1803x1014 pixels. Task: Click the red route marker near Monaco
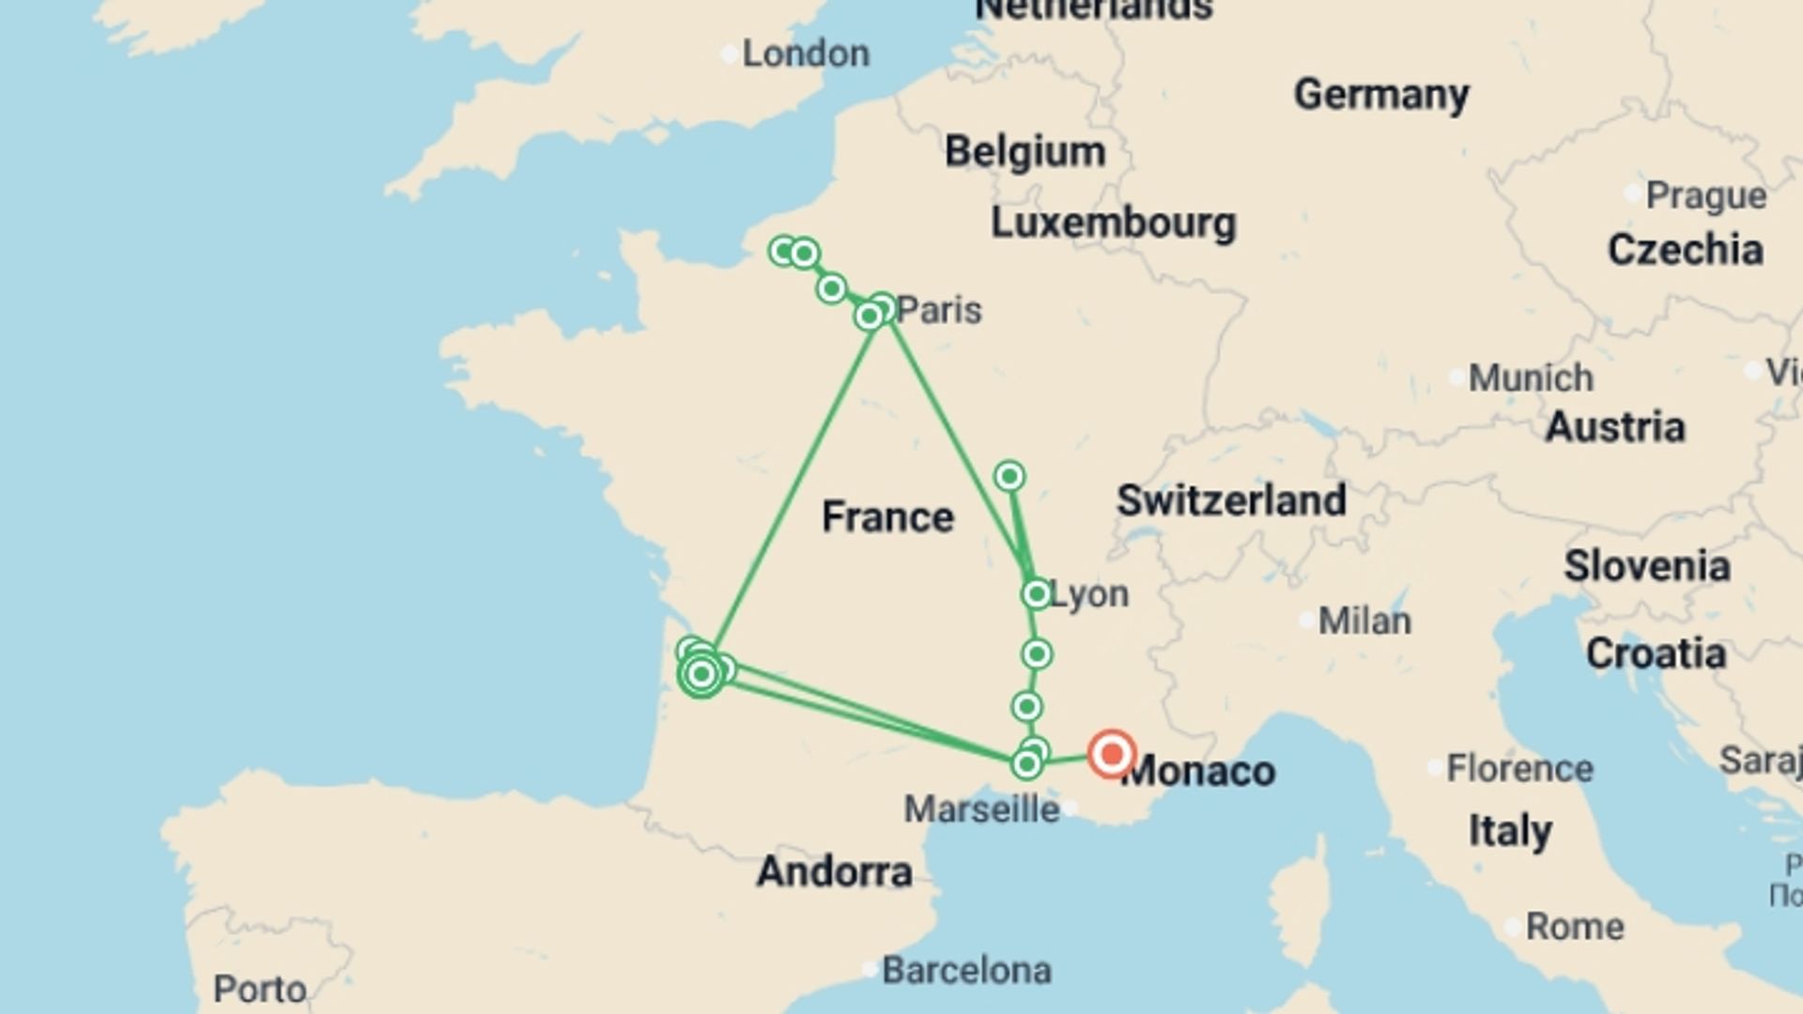tap(1112, 753)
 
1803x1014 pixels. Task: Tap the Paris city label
tap(938, 310)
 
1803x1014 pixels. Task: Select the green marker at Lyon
tap(1036, 594)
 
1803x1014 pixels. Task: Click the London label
tap(805, 54)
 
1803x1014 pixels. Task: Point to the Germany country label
tap(1380, 95)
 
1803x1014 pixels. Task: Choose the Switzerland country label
tap(1231, 500)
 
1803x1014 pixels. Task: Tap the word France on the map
tap(887, 517)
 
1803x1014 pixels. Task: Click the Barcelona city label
tap(966, 970)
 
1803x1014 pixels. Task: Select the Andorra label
tap(834, 872)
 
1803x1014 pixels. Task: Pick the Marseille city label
tap(981, 808)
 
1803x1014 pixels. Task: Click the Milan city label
tap(1364, 621)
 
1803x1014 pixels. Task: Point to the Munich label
tap(1531, 378)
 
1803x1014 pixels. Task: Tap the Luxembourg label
tap(1113, 223)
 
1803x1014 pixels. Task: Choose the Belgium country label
tap(1025, 152)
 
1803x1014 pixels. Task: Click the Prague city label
tap(1705, 196)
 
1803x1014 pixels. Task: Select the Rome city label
tap(1574, 927)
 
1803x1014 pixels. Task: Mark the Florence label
tap(1518, 769)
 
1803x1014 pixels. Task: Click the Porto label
tap(259, 989)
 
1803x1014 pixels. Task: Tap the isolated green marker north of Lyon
tap(1009, 476)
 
